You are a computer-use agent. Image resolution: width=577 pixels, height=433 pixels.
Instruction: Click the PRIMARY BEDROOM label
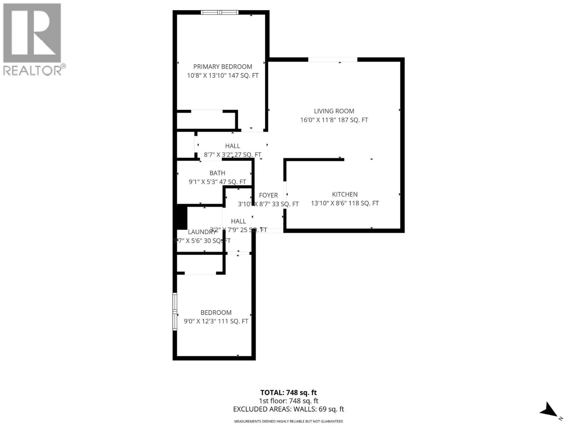coord(223,67)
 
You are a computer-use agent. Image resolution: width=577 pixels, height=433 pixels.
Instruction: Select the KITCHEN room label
coord(345,194)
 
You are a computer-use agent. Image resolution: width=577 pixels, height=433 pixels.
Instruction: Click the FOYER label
coord(268,195)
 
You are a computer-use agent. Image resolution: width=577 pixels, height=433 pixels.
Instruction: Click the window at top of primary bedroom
coord(219,12)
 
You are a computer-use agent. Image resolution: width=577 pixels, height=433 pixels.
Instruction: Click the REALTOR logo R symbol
coord(32,33)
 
